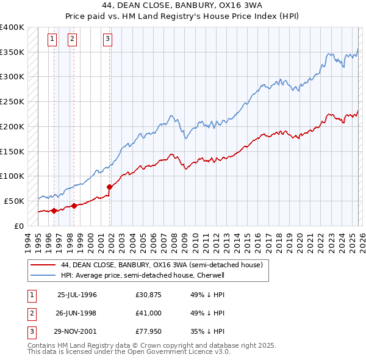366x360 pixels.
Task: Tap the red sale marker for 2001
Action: click(110, 187)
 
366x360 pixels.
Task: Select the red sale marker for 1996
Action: click(54, 211)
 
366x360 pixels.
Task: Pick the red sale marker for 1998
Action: click(74, 206)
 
